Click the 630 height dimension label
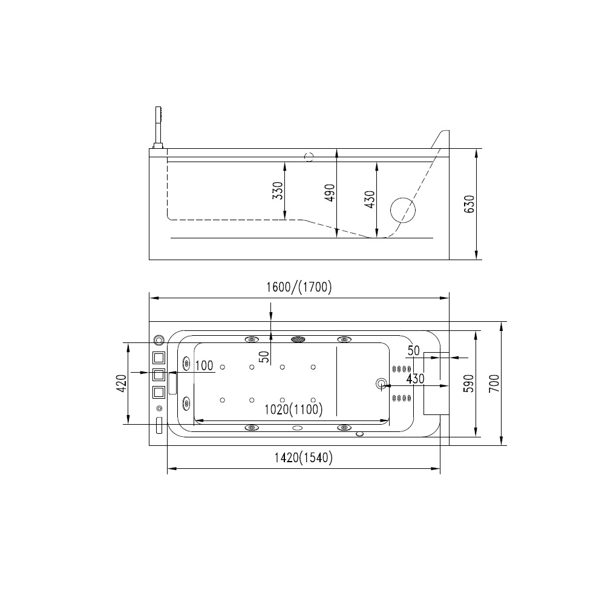pyautogui.click(x=469, y=204)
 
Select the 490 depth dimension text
pyautogui.click(x=330, y=193)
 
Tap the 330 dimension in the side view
pyautogui.click(x=278, y=191)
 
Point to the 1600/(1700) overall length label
pyautogui.click(x=299, y=287)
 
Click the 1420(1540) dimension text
pyautogui.click(x=303, y=457)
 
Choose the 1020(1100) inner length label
pyautogui.click(x=293, y=409)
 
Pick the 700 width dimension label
pyautogui.click(x=494, y=384)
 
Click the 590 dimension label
pyautogui.click(x=468, y=384)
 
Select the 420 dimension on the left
pyautogui.click(x=121, y=384)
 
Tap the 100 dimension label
pyautogui.click(x=204, y=365)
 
